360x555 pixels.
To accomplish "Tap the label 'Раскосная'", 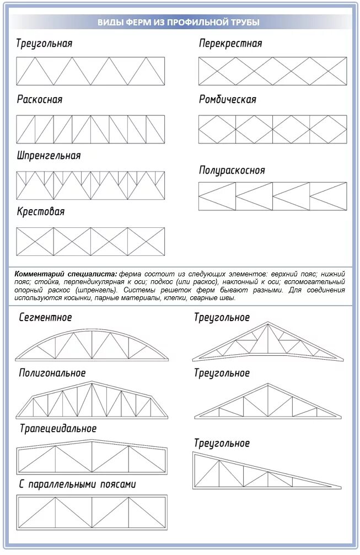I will pos(40,100).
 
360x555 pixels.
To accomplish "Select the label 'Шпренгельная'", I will pos(49,156).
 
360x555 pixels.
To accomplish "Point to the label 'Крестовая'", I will pos(40,212).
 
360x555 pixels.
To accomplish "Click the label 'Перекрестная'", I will pos(230,44).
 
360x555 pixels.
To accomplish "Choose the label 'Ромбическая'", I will pos(228,100).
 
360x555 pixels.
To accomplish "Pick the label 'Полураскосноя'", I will pos(232,170).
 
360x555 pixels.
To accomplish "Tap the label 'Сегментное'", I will pos(45,318).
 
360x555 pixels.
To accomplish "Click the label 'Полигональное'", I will pos(52,373).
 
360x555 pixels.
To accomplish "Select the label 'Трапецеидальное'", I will pos(58,429).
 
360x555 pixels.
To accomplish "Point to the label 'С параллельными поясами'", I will pos(77,484).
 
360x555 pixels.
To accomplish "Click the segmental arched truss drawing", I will pos(91,344).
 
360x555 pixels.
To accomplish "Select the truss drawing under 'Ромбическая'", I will pos(272,129).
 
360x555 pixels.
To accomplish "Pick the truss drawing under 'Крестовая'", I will pos(90,242).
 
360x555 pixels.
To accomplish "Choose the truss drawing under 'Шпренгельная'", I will pos(90,185).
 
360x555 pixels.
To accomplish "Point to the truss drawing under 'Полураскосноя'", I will pos(272,196).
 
